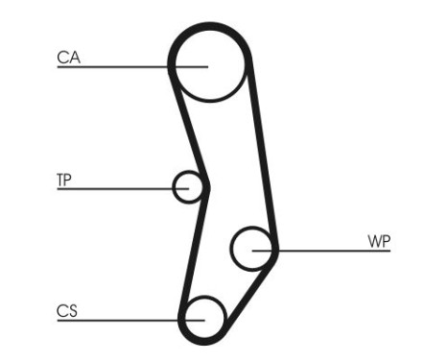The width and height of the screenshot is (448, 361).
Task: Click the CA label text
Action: tap(68, 58)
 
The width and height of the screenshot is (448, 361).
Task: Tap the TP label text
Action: tap(65, 180)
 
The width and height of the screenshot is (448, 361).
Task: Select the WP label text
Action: tap(378, 240)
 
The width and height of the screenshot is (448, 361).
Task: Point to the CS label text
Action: tap(67, 310)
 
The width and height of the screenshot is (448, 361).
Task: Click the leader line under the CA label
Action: tap(115, 67)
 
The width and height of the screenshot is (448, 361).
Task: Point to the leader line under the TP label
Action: tap(115, 189)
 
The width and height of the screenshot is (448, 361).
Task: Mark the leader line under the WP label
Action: tap(326, 252)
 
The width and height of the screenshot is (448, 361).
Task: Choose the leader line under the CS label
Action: tap(115, 320)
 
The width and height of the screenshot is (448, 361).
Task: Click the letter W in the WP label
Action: tap(372, 240)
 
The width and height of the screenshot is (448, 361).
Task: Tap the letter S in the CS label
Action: tap(73, 310)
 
